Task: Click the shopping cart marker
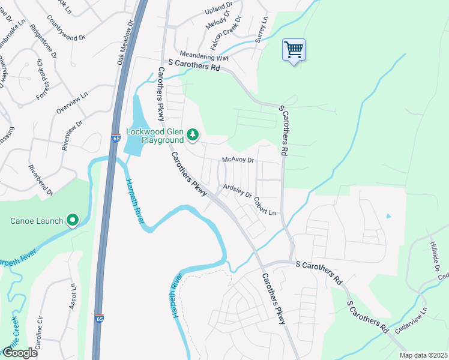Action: click(x=294, y=50)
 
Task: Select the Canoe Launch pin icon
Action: click(x=73, y=221)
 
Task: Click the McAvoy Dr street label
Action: click(x=238, y=160)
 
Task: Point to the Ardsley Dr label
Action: click(x=237, y=191)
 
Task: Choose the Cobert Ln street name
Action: click(x=264, y=207)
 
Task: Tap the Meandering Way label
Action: click(x=206, y=55)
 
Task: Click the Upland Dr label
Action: click(x=217, y=10)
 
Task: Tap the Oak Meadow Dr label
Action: click(x=125, y=41)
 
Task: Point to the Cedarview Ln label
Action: click(x=411, y=320)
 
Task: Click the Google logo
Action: click(x=20, y=353)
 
